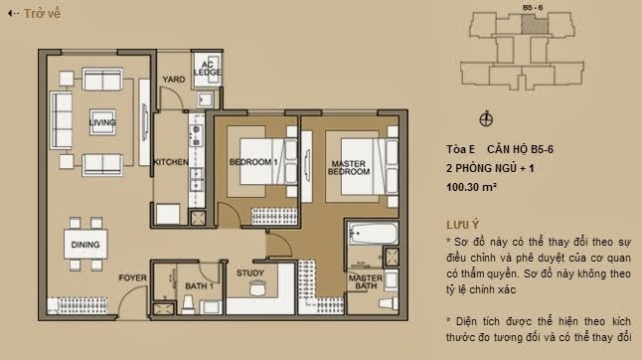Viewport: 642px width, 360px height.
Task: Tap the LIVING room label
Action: coord(102,122)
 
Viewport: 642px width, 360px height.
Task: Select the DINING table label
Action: coord(85,245)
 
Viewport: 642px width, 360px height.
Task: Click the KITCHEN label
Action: coord(171,162)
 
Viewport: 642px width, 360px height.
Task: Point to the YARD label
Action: coord(174,80)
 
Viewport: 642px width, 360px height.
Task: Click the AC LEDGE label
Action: coord(207,69)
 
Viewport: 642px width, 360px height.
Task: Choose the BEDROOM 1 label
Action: coord(253,162)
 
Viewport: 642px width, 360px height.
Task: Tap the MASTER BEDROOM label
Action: coord(349,168)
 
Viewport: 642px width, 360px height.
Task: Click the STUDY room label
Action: coord(250,273)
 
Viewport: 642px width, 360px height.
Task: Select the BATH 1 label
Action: coord(200,285)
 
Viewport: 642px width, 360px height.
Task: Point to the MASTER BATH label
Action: coord(366,281)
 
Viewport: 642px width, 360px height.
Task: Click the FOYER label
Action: coord(132,278)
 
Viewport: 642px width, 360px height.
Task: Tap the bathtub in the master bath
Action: coord(373,234)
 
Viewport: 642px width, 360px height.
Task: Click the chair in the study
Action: coord(257,288)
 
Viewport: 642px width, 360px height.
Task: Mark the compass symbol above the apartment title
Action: coord(486,119)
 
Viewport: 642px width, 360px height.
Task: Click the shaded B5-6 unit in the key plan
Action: coord(535,24)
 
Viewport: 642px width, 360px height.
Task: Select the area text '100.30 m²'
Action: coord(472,187)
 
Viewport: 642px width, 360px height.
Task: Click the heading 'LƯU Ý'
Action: coord(463,225)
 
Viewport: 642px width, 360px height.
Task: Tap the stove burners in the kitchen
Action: coord(196,135)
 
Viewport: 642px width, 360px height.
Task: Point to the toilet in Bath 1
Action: coord(188,304)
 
